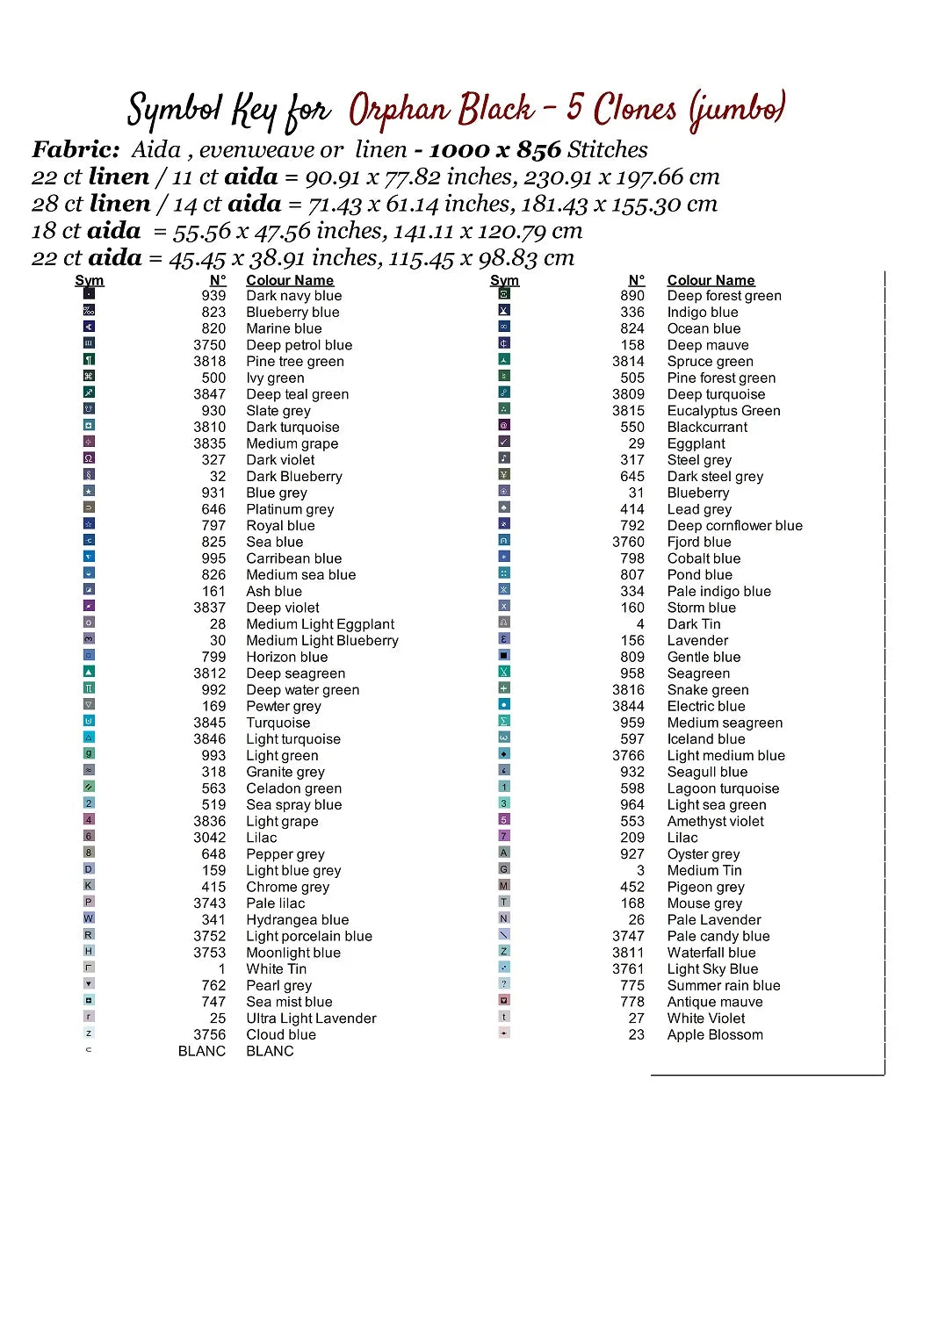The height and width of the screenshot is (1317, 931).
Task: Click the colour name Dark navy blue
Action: (293, 296)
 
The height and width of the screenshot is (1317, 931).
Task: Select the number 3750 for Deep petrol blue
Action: (209, 345)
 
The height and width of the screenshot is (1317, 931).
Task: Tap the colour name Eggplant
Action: (696, 444)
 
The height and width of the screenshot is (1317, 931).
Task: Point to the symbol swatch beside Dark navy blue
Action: (89, 293)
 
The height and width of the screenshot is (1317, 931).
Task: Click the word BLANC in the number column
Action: (201, 1051)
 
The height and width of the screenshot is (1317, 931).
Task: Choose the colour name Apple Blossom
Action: (714, 1035)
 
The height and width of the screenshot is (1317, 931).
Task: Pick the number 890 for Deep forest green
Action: (631, 296)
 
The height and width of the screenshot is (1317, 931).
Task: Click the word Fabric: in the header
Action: (76, 150)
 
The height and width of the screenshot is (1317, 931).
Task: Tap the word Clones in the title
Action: (634, 110)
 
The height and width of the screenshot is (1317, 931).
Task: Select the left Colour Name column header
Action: (290, 280)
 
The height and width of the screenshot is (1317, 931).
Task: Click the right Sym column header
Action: (504, 280)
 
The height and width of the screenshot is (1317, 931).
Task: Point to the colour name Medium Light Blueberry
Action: (321, 641)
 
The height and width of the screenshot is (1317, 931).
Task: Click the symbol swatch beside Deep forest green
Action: (504, 293)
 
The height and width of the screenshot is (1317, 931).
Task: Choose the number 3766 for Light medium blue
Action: (628, 756)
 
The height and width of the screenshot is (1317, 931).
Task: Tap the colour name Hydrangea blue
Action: (297, 920)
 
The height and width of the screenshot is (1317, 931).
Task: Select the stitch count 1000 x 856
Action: (494, 150)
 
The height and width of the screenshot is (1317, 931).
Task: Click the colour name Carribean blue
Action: (293, 558)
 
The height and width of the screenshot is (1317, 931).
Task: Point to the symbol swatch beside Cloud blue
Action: (89, 1033)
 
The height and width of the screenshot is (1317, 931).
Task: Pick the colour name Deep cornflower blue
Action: (734, 526)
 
